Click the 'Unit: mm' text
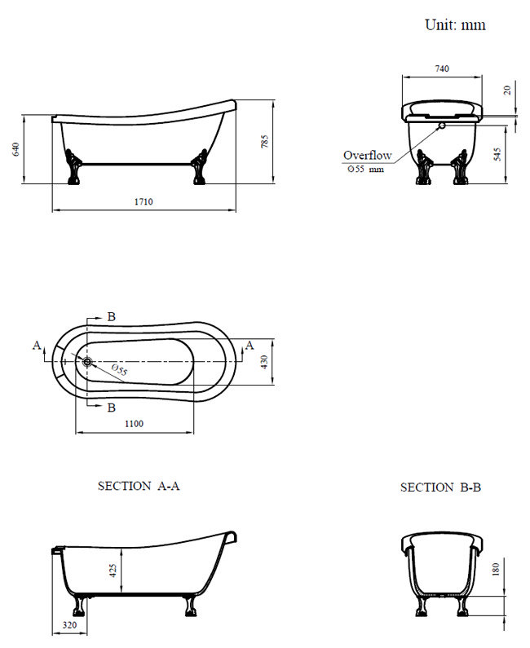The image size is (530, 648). (x=455, y=24)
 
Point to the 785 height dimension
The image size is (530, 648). (x=264, y=141)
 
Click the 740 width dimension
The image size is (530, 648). (x=440, y=68)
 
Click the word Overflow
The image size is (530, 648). (x=367, y=155)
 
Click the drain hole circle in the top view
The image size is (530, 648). (x=87, y=360)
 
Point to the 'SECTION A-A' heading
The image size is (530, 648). (x=139, y=486)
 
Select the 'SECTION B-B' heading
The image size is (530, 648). (x=440, y=487)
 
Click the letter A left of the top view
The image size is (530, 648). (x=37, y=346)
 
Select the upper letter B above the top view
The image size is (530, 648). (x=112, y=316)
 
